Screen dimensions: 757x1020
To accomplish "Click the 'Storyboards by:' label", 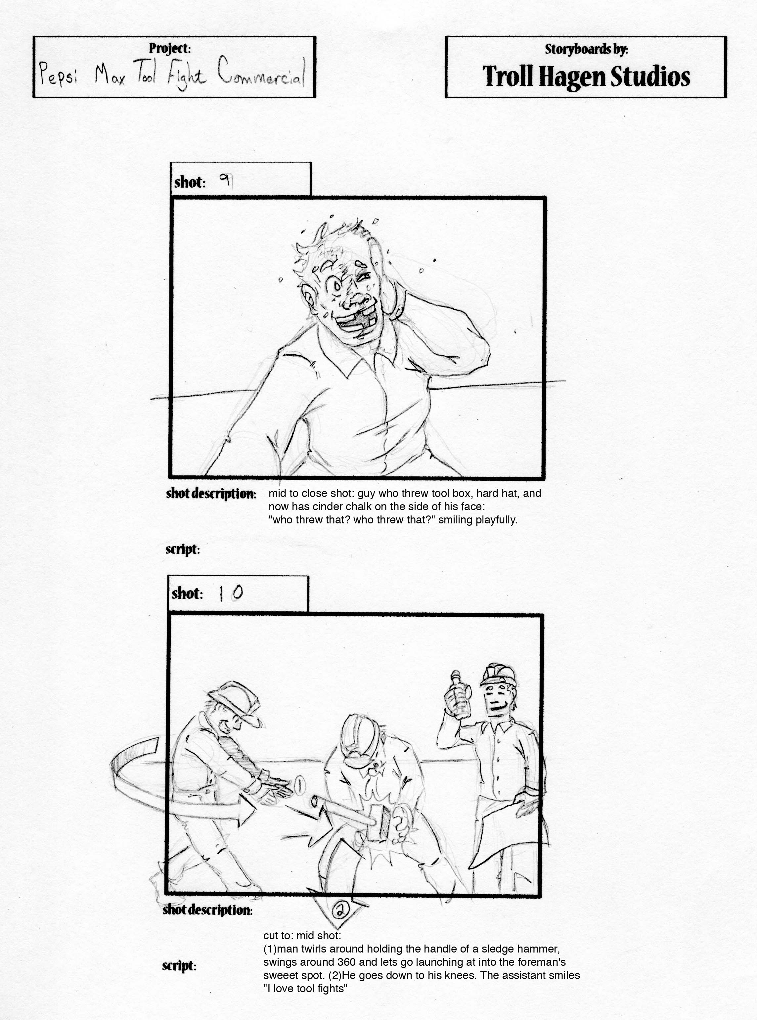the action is tap(586, 49).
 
